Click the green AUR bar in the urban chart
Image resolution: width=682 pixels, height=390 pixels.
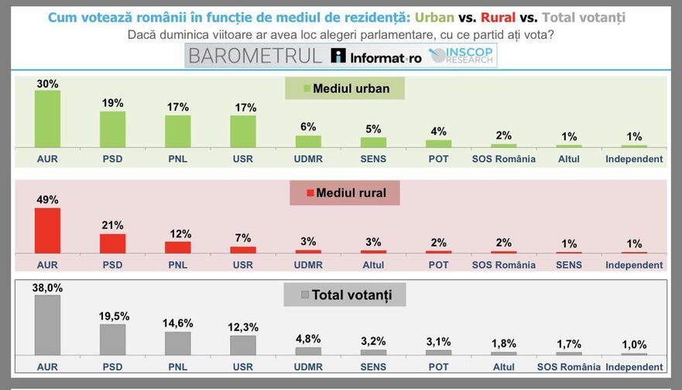[x=47, y=119]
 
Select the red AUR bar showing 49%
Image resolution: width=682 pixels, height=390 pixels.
[x=47, y=231]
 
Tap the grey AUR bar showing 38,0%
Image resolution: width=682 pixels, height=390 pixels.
[x=47, y=325]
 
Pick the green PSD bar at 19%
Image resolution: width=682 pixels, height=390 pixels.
[x=112, y=129]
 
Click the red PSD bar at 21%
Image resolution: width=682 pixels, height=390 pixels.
[x=112, y=243]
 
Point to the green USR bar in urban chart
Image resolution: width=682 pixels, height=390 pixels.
[x=243, y=132]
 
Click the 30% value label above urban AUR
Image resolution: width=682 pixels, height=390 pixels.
[x=47, y=84]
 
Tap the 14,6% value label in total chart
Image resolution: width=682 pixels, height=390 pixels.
[x=178, y=323]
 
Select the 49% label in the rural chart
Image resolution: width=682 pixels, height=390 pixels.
[x=47, y=200]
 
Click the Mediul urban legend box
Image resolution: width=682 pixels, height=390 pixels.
[x=345, y=88]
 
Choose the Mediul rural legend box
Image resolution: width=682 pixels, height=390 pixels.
[x=344, y=192]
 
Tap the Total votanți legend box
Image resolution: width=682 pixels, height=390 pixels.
[x=344, y=295]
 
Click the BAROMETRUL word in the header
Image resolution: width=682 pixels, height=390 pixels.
[x=255, y=56]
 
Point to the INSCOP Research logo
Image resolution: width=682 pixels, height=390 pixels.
[x=461, y=56]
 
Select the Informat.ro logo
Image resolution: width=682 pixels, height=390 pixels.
[x=376, y=56]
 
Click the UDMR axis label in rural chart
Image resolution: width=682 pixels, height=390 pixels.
[x=308, y=264]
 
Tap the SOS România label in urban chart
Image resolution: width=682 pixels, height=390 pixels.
[x=504, y=159]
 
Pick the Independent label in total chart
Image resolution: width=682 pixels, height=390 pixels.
[x=634, y=367]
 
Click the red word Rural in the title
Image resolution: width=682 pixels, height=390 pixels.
[x=498, y=17]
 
